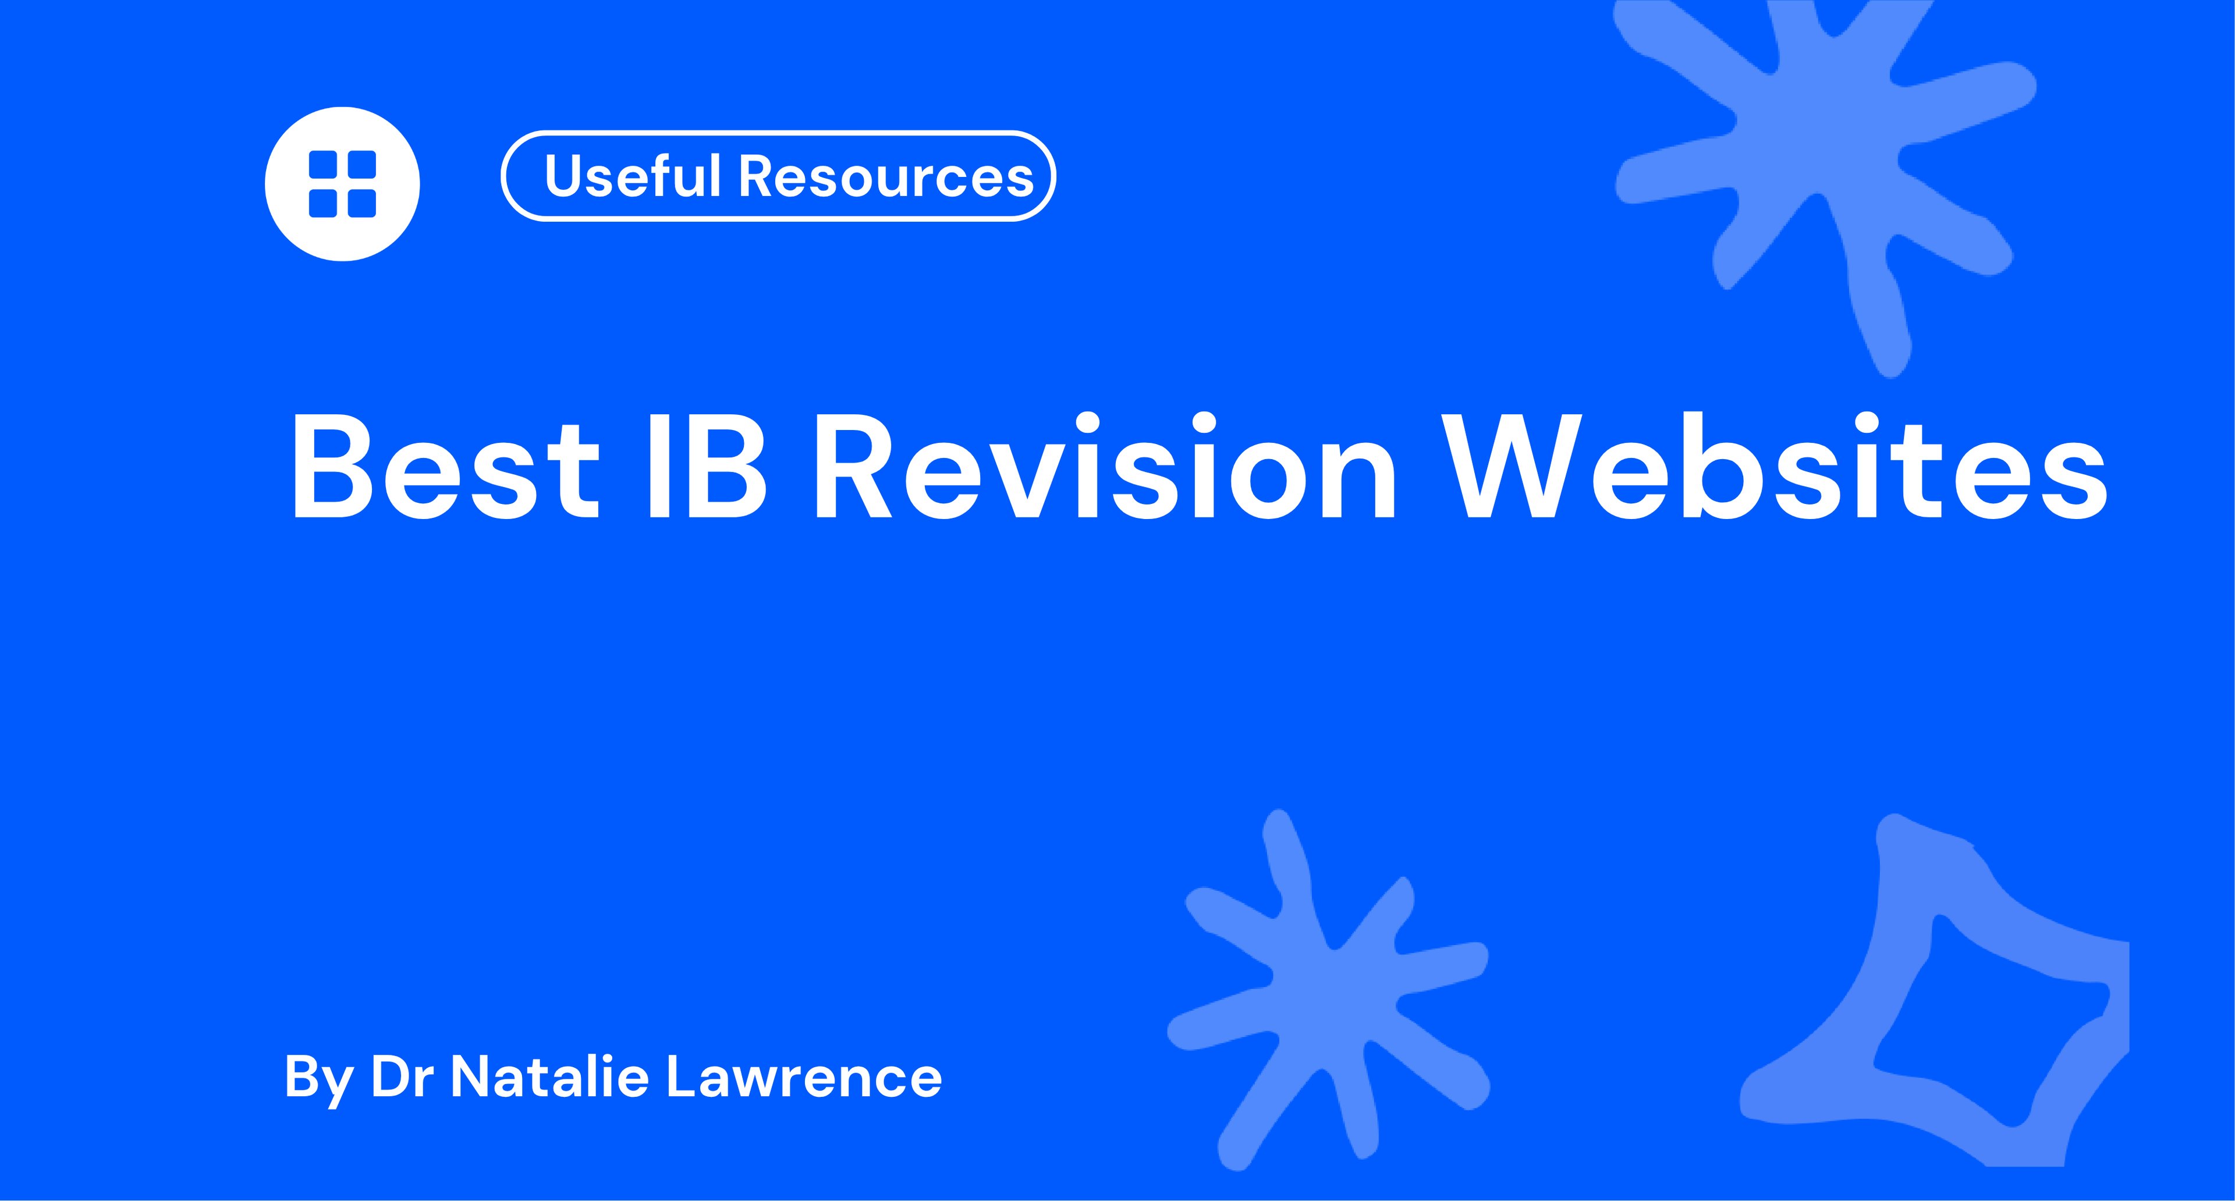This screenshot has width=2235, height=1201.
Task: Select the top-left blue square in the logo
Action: tap(324, 165)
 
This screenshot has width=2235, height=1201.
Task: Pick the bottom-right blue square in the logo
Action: tap(361, 203)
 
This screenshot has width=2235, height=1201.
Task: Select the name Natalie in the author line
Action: tap(550, 1077)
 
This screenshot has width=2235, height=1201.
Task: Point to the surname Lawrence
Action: tap(803, 1077)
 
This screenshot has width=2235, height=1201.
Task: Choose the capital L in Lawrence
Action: tap(679, 1077)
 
